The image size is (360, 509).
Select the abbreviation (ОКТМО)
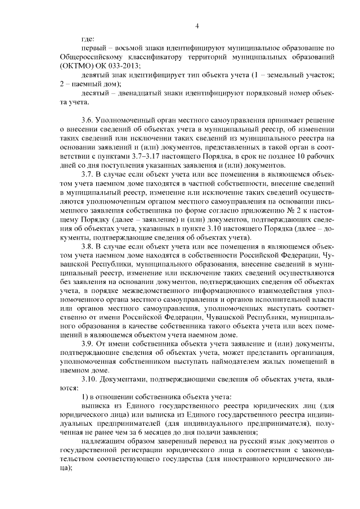[x=75, y=66]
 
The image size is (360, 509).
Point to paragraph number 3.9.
[x=88, y=343]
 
